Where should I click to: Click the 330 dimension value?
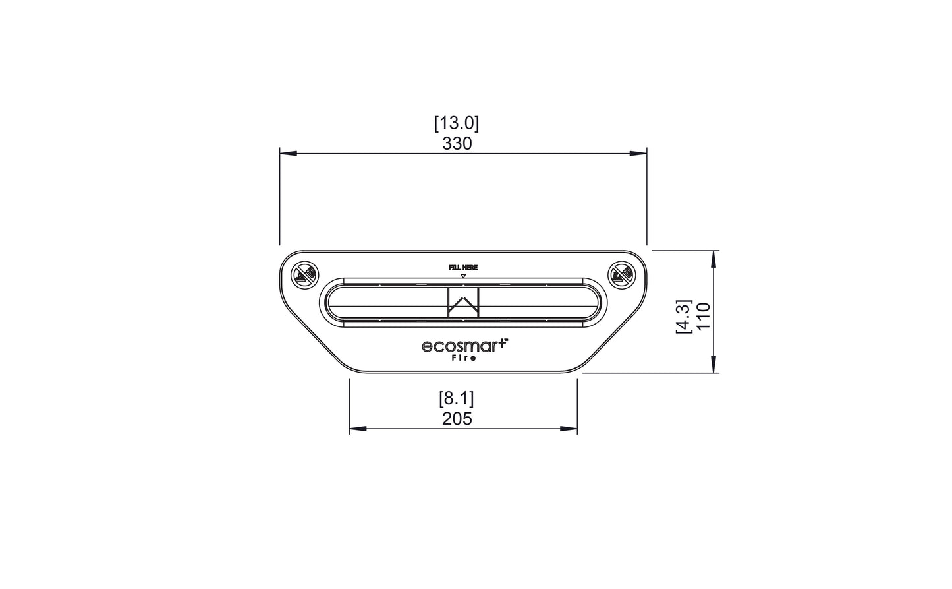[x=457, y=144]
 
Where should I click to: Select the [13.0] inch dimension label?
[x=457, y=123]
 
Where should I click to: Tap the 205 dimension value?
[x=457, y=419]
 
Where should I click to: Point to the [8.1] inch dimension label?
[x=457, y=398]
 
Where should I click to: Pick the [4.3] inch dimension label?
[x=683, y=317]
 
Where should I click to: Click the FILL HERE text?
[x=462, y=268]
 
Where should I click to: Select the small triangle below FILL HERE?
[x=463, y=276]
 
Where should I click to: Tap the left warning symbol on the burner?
[x=305, y=274]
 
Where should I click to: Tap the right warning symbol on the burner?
[x=620, y=274]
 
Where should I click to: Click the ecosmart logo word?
[x=462, y=346]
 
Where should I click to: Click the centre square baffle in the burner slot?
[x=464, y=302]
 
